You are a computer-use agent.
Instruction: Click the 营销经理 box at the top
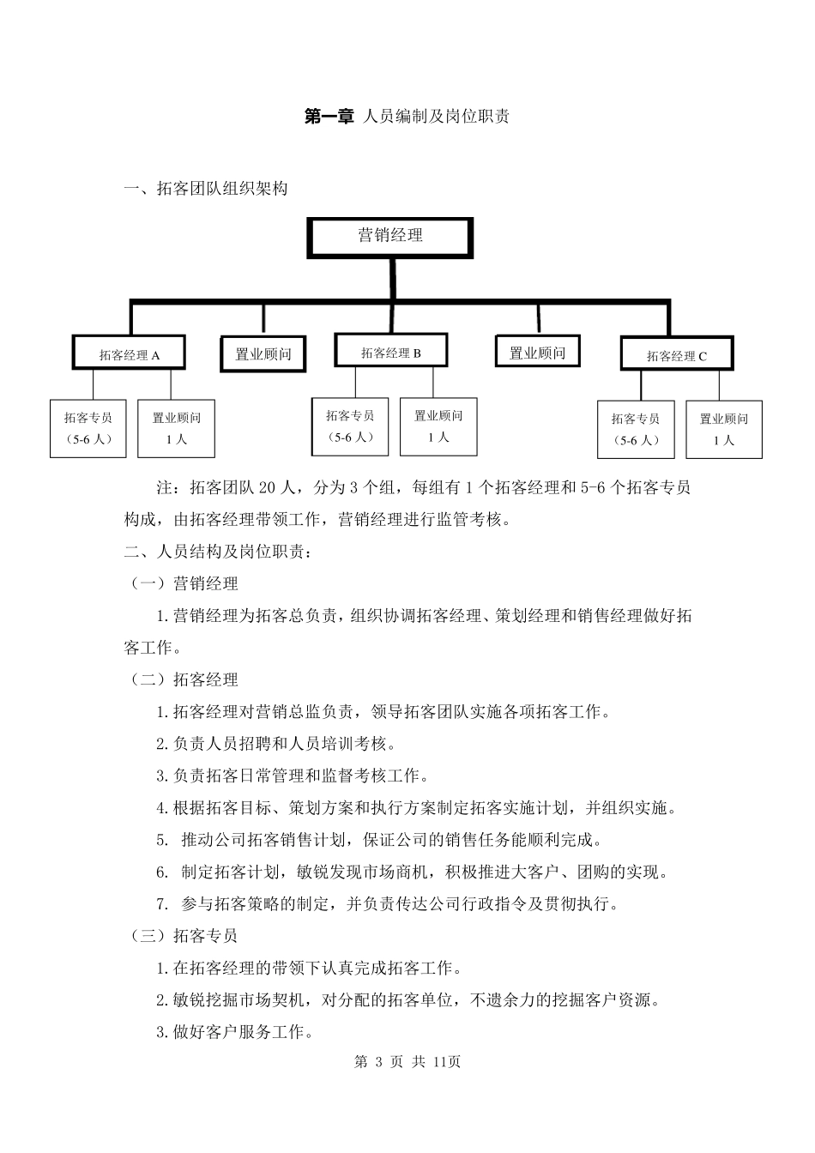[x=390, y=237]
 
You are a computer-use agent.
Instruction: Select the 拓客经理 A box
[x=130, y=354]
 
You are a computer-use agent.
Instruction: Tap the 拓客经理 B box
[x=391, y=352]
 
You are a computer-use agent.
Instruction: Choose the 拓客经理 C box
[x=677, y=355]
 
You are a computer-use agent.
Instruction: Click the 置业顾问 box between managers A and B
[x=263, y=353]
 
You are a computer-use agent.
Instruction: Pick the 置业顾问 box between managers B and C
[x=538, y=352]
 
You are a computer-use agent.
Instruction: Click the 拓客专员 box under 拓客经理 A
[x=88, y=428]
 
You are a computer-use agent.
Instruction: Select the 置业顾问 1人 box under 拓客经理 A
[x=177, y=428]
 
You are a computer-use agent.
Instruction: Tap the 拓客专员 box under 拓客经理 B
[x=350, y=426]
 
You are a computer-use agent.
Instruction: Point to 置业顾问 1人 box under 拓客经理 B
[x=438, y=426]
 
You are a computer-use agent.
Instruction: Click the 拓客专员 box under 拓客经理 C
[x=636, y=429]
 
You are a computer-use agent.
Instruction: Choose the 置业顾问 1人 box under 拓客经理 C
[x=724, y=429]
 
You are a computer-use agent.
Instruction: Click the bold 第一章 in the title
[x=329, y=117]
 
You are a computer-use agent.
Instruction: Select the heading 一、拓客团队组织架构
[x=206, y=189]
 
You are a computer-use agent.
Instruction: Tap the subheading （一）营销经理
[x=183, y=584]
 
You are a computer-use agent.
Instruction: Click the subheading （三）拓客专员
[x=183, y=936]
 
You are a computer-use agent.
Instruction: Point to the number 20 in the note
[x=267, y=488]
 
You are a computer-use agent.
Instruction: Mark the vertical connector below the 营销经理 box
[x=392, y=278]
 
